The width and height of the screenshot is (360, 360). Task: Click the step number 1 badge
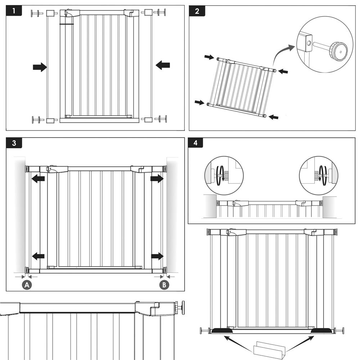pyautogui.click(x=14, y=11)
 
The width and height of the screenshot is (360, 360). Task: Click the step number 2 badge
pyautogui.click(x=197, y=11)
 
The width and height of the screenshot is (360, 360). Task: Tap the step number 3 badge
pyautogui.click(x=14, y=143)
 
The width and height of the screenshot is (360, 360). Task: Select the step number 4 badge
pyautogui.click(x=195, y=143)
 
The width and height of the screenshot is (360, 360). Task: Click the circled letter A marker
pyautogui.click(x=27, y=285)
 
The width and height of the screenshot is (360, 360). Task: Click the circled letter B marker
pyautogui.click(x=164, y=285)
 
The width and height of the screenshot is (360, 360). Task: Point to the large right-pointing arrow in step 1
pyautogui.click(x=40, y=67)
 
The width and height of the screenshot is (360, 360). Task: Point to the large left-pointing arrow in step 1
pyautogui.click(x=163, y=65)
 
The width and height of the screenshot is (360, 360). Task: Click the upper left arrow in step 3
pyautogui.click(x=38, y=179)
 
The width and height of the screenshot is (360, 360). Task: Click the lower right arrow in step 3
pyautogui.click(x=157, y=256)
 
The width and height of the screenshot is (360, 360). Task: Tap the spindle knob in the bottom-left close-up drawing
pyautogui.click(x=182, y=308)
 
